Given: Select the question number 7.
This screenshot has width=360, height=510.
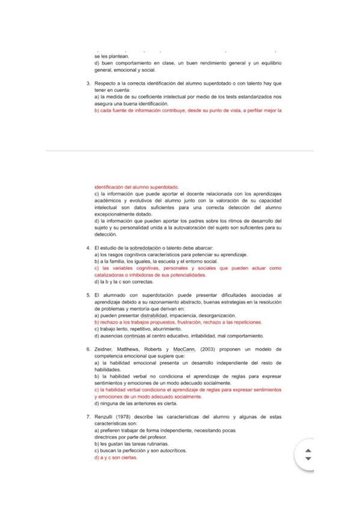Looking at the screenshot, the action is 88,416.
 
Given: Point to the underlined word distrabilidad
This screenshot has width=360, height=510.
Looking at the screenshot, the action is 159,315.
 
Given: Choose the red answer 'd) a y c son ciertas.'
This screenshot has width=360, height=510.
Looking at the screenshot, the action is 117,458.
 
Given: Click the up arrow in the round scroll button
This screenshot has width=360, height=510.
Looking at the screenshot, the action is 309,451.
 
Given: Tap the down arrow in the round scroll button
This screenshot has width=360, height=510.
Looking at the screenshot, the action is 309,459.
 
